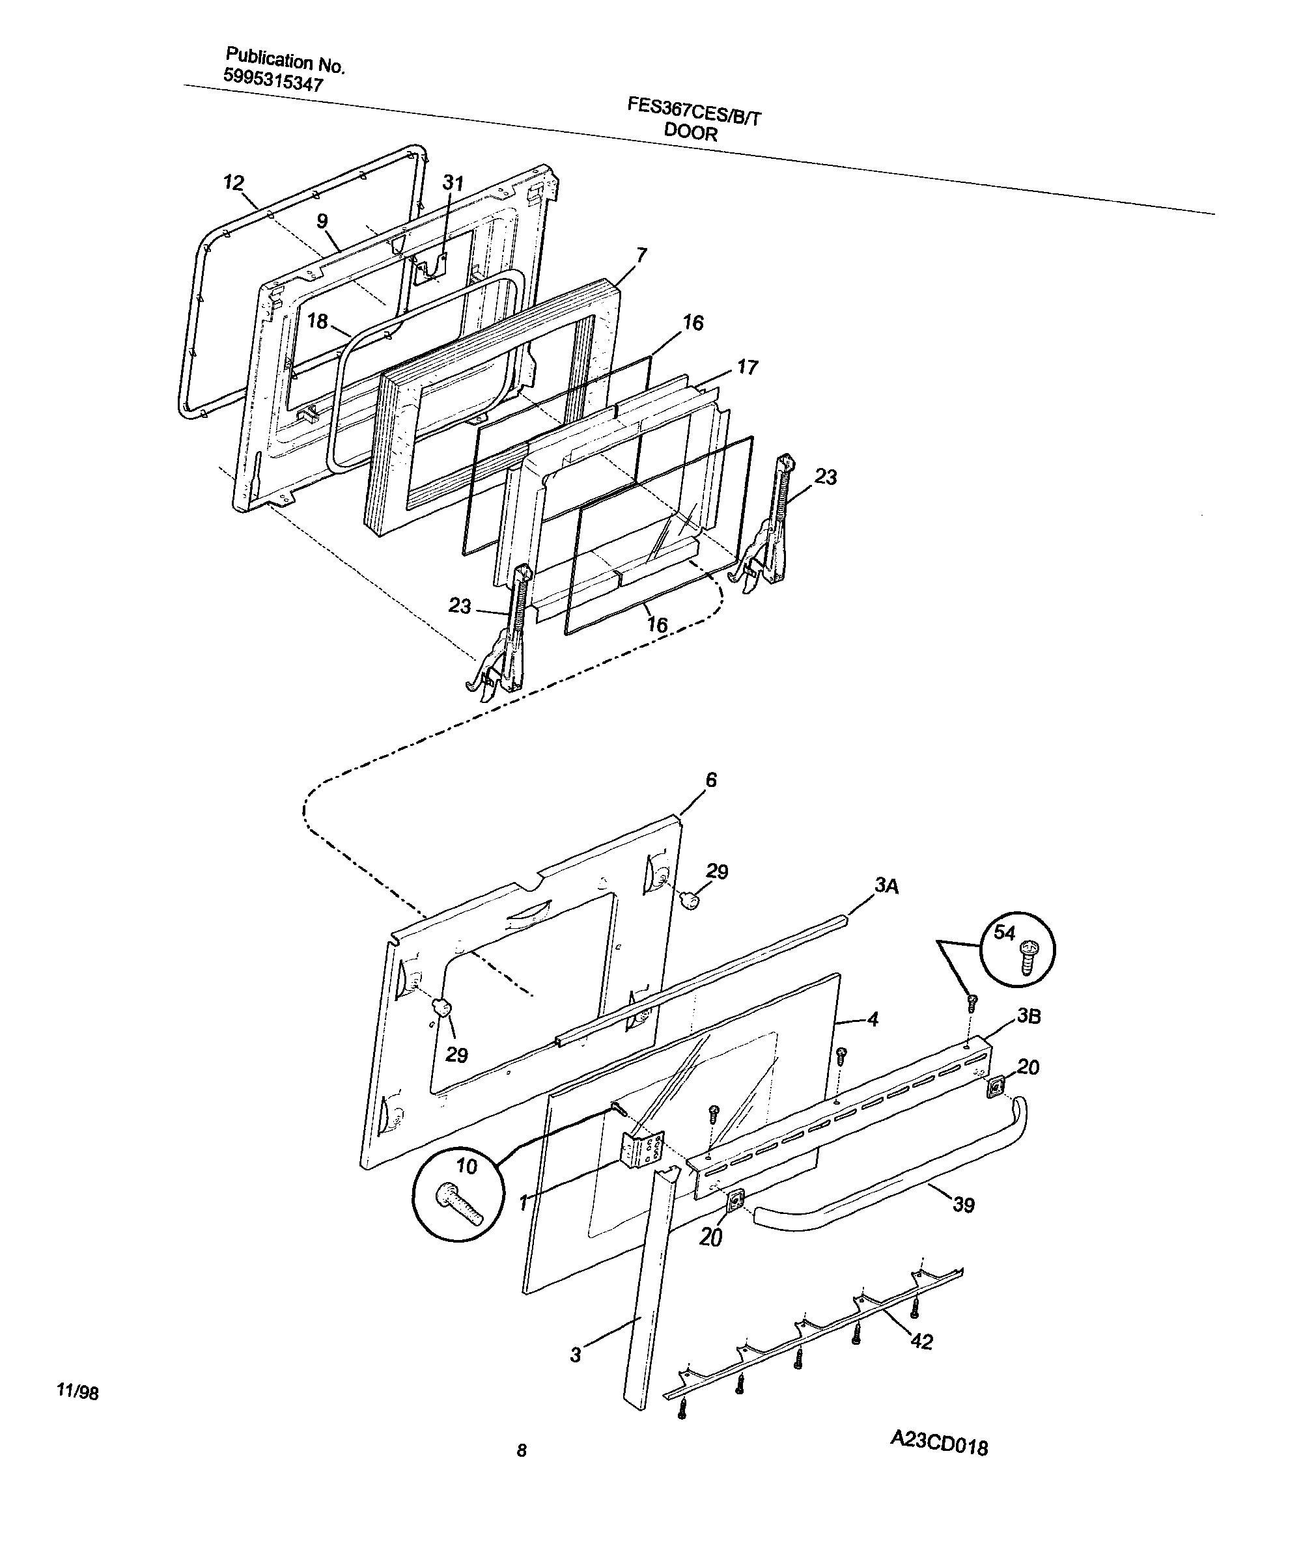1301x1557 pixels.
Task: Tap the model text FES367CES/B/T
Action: [694, 113]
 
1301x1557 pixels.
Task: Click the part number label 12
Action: [234, 182]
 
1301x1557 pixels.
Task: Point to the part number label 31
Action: [453, 183]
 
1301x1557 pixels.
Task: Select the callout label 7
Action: [641, 255]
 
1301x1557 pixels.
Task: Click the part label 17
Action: [748, 367]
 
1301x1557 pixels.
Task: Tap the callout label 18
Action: [318, 321]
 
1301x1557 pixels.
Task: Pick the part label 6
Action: [711, 779]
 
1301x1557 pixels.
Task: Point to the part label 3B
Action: [1029, 1015]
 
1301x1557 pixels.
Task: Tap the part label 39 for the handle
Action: [964, 1205]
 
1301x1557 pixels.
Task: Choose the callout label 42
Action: [921, 1342]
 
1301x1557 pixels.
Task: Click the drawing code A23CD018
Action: [939, 1463]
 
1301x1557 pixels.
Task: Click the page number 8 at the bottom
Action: [522, 1472]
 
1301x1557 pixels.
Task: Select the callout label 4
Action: [873, 1019]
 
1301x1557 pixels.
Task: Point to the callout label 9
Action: [322, 220]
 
